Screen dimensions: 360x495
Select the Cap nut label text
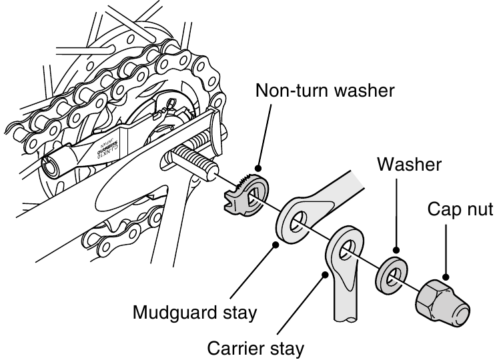pyautogui.click(x=460, y=210)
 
